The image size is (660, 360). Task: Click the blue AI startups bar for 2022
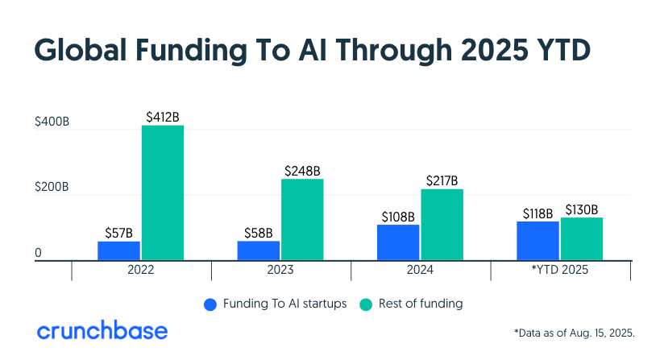[118, 250]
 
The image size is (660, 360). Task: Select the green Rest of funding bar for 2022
[162, 193]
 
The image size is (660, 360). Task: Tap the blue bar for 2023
[259, 250]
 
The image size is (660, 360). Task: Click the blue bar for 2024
[398, 242]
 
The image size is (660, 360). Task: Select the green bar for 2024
[442, 225]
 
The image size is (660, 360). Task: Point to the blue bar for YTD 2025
[538, 241]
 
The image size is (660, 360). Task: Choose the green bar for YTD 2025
[582, 239]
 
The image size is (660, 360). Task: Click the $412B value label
[162, 118]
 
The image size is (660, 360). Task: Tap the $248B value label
[302, 171]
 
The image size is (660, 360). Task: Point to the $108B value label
[398, 217]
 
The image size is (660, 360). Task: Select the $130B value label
[582, 209]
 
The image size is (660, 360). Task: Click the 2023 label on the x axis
[280, 271]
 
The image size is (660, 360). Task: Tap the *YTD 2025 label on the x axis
[560, 271]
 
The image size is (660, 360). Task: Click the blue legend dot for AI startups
[211, 304]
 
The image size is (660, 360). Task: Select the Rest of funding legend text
[422, 304]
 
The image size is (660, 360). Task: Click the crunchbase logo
[102, 331]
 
